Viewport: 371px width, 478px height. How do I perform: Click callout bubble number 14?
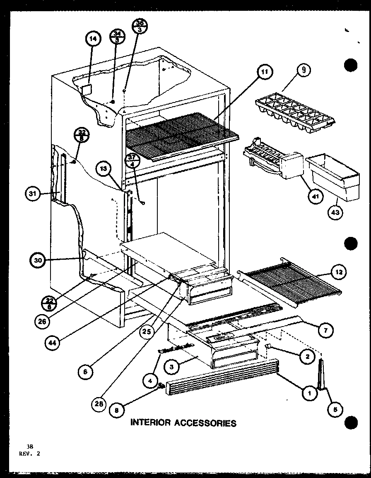click(93, 39)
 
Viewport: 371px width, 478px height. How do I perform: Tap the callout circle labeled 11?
click(264, 72)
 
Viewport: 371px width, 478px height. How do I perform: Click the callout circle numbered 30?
click(39, 261)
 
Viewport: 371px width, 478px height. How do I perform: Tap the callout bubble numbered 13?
click(103, 168)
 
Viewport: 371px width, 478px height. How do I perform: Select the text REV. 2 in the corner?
click(30, 453)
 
